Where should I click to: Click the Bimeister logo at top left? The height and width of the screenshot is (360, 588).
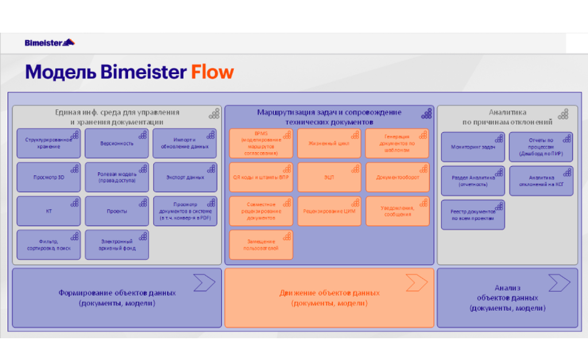click(x=49, y=42)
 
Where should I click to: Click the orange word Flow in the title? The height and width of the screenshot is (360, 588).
click(x=212, y=72)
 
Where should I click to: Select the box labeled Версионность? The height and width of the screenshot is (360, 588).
click(x=117, y=144)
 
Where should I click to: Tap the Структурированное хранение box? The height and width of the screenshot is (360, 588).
click(x=48, y=144)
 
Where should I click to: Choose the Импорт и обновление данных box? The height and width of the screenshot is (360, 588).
click(x=184, y=144)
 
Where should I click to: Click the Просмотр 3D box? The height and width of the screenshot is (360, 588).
click(x=48, y=177)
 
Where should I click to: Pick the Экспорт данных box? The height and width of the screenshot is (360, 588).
click(x=184, y=177)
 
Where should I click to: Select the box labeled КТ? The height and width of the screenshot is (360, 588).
click(x=48, y=211)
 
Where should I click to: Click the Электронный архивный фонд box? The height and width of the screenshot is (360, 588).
click(x=117, y=245)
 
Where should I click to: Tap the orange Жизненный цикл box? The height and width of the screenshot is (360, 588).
click(x=328, y=144)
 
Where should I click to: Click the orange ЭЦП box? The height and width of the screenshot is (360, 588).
click(x=328, y=177)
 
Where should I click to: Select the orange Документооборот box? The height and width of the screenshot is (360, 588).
click(x=397, y=177)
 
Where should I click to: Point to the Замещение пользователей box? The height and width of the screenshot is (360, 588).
click(x=261, y=245)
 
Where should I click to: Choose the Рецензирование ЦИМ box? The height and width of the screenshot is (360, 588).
click(x=328, y=211)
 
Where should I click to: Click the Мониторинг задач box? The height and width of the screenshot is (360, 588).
click(x=473, y=147)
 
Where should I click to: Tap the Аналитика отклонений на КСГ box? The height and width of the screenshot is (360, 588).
click(x=541, y=181)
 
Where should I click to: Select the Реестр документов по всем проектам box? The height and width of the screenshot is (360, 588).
click(x=473, y=215)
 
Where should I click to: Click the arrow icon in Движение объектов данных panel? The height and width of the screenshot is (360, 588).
click(x=416, y=282)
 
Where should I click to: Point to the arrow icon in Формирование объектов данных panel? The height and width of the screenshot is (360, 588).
click(x=204, y=282)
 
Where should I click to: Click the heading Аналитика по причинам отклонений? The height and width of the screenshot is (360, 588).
click(x=507, y=117)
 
